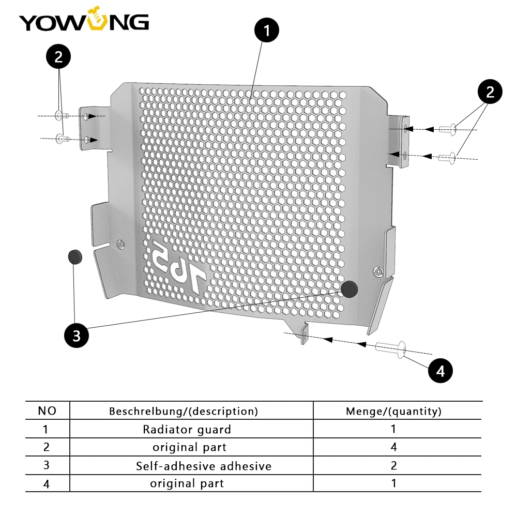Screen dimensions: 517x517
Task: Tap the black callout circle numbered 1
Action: pyautogui.click(x=266, y=30)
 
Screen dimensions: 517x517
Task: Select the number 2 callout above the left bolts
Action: pyautogui.click(x=58, y=56)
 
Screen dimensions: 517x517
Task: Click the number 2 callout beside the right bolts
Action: pyautogui.click(x=490, y=92)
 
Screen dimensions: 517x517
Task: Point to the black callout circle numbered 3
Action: pyautogui.click(x=77, y=336)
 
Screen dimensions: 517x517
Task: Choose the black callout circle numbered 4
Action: pyautogui.click(x=440, y=371)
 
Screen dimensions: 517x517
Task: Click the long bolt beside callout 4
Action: pyautogui.click(x=391, y=349)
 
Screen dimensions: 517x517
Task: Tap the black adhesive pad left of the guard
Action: pyautogui.click(x=75, y=257)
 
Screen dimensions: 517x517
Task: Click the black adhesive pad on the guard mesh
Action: pyautogui.click(x=349, y=289)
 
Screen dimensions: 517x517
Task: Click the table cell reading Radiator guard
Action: pyautogui.click(x=187, y=429)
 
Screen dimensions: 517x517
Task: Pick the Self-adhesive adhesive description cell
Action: pyautogui.click(x=204, y=466)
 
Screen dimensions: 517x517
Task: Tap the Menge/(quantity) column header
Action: pyautogui.click(x=393, y=411)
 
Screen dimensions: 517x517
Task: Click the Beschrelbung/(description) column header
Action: pyautogui.click(x=184, y=411)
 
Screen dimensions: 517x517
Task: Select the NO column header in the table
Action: pyautogui.click(x=47, y=411)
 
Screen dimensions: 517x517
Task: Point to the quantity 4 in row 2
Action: pyautogui.click(x=393, y=447)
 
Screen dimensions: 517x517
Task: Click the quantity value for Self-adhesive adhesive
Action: pyautogui.click(x=393, y=465)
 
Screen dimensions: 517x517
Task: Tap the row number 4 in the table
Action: pyautogui.click(x=47, y=484)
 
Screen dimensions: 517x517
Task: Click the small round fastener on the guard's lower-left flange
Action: pyautogui.click(x=121, y=245)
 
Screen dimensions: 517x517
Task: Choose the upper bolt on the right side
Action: pyautogui.click(x=448, y=129)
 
